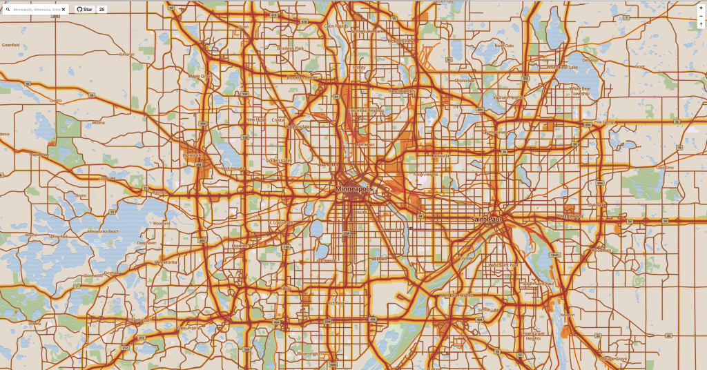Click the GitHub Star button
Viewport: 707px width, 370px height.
click(84, 10)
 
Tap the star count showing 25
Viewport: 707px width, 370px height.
click(101, 10)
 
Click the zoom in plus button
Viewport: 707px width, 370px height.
click(701, 8)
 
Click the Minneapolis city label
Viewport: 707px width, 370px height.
click(353, 189)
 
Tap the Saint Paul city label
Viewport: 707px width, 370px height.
click(486, 220)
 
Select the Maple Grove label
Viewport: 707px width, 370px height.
click(201, 76)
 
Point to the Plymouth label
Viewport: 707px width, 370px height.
click(191, 156)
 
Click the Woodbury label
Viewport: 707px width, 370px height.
click(601, 250)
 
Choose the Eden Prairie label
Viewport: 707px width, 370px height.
click(189, 328)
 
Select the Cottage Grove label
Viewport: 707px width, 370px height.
click(613, 359)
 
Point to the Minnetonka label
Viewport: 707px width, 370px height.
click(166, 262)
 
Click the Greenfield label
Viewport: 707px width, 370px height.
click(11, 45)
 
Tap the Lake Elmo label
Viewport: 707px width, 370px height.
click(664, 168)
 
